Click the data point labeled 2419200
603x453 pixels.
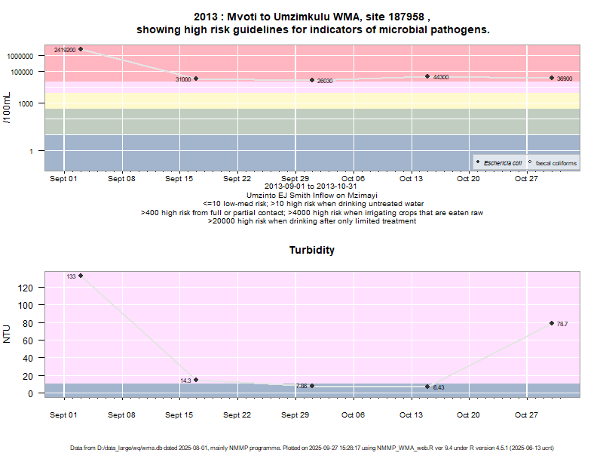(x=81, y=49)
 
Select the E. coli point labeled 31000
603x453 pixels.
(x=196, y=79)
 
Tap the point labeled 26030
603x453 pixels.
(x=312, y=80)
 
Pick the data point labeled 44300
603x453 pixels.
(x=427, y=76)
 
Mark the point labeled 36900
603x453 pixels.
(x=552, y=78)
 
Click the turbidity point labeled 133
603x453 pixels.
(x=81, y=276)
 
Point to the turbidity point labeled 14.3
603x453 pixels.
(x=196, y=380)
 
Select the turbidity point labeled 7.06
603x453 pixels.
(x=312, y=386)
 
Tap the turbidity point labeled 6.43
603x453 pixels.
(x=427, y=387)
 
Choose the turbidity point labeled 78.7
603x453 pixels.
(x=552, y=323)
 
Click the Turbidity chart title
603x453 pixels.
(x=312, y=250)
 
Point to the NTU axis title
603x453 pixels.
(x=8, y=334)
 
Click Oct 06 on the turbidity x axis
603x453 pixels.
(x=353, y=415)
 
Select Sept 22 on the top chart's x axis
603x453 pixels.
(x=237, y=179)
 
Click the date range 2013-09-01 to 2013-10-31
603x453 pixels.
(x=311, y=187)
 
